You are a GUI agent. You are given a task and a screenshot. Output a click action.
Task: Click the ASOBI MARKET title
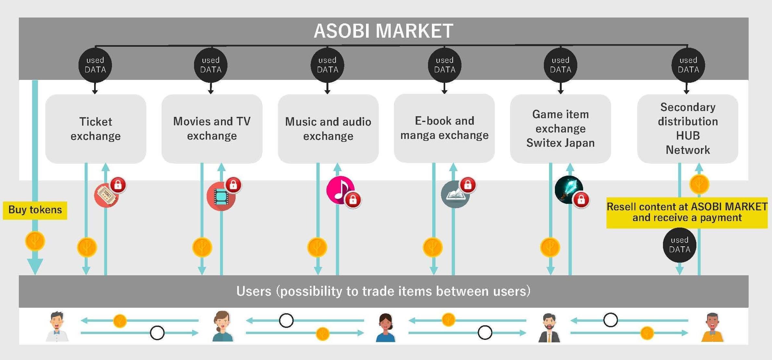coord(383,31)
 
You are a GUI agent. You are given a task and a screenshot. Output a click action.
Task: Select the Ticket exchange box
coord(96,129)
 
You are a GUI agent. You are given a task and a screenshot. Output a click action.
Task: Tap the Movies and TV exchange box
coord(212,129)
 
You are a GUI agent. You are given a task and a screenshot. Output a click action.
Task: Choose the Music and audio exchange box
coord(328,129)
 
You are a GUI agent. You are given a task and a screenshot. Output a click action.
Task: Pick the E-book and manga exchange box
coord(444,128)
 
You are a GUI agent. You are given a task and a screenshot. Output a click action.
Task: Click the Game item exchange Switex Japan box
coord(560,129)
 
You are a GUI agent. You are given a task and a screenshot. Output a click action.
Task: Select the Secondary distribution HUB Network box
coord(688,129)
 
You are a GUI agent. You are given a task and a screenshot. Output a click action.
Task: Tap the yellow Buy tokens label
coord(35,210)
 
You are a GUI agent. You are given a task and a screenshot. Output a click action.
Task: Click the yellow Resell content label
coord(687,212)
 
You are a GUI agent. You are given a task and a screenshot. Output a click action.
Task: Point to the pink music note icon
coord(339,190)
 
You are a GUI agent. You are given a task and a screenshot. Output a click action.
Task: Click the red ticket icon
coord(106,195)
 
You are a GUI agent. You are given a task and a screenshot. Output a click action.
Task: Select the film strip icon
coord(221,196)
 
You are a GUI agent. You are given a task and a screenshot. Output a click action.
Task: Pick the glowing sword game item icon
coord(568,189)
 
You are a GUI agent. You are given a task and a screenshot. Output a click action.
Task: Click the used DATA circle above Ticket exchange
coord(95,65)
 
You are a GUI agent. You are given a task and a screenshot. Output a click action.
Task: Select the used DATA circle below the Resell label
coord(680,245)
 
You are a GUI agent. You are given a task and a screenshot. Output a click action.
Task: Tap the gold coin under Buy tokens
coord(35,241)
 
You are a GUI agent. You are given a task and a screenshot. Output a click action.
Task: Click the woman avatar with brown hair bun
coord(223,326)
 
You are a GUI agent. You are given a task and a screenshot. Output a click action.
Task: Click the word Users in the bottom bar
coord(254,291)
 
